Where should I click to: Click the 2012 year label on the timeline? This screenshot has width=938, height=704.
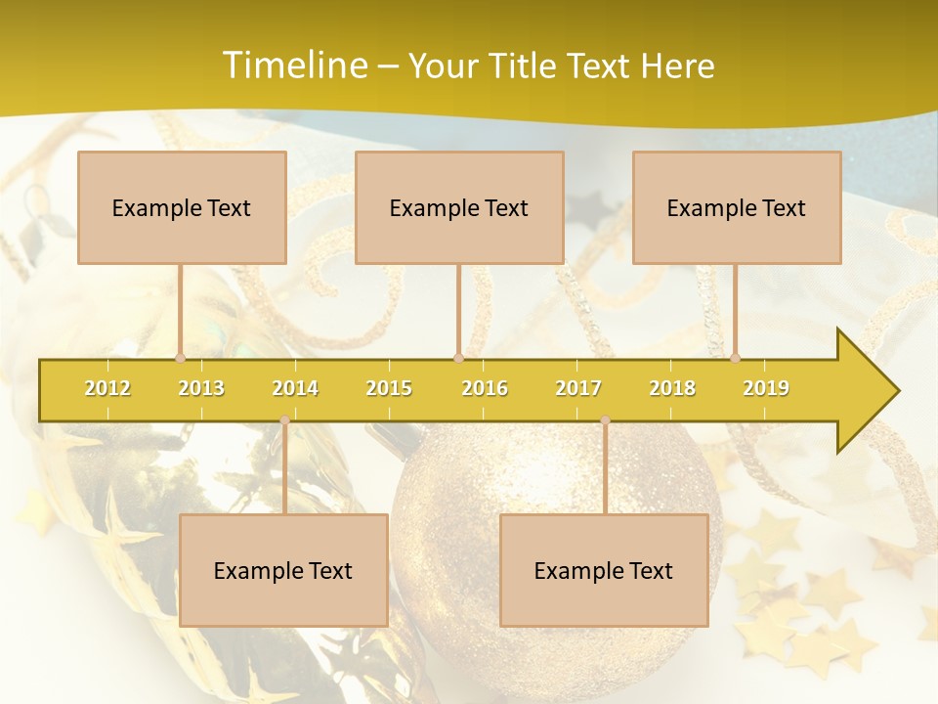click(x=107, y=388)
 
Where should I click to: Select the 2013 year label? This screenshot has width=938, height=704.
click(x=201, y=388)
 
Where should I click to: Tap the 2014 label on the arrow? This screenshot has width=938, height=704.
click(x=295, y=388)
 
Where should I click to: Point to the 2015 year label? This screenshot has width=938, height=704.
click(x=389, y=388)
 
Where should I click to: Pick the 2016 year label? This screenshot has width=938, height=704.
click(x=485, y=388)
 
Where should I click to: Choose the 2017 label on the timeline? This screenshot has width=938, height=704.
click(x=578, y=388)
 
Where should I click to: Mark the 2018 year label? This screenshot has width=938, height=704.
click(x=672, y=388)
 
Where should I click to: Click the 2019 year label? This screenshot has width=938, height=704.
click(x=766, y=388)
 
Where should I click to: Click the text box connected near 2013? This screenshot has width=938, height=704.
click(x=182, y=207)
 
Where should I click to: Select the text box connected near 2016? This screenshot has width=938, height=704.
click(x=459, y=207)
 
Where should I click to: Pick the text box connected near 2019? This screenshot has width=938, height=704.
click(x=737, y=207)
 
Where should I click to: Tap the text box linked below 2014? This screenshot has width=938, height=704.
click(x=283, y=570)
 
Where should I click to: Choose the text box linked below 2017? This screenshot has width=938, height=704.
click(x=604, y=570)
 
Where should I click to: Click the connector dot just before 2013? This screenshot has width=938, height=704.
click(x=180, y=358)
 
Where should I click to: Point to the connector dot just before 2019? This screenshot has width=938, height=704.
click(x=735, y=358)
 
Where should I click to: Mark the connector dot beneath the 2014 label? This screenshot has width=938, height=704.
click(x=284, y=420)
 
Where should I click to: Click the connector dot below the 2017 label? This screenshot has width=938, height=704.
click(x=605, y=420)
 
